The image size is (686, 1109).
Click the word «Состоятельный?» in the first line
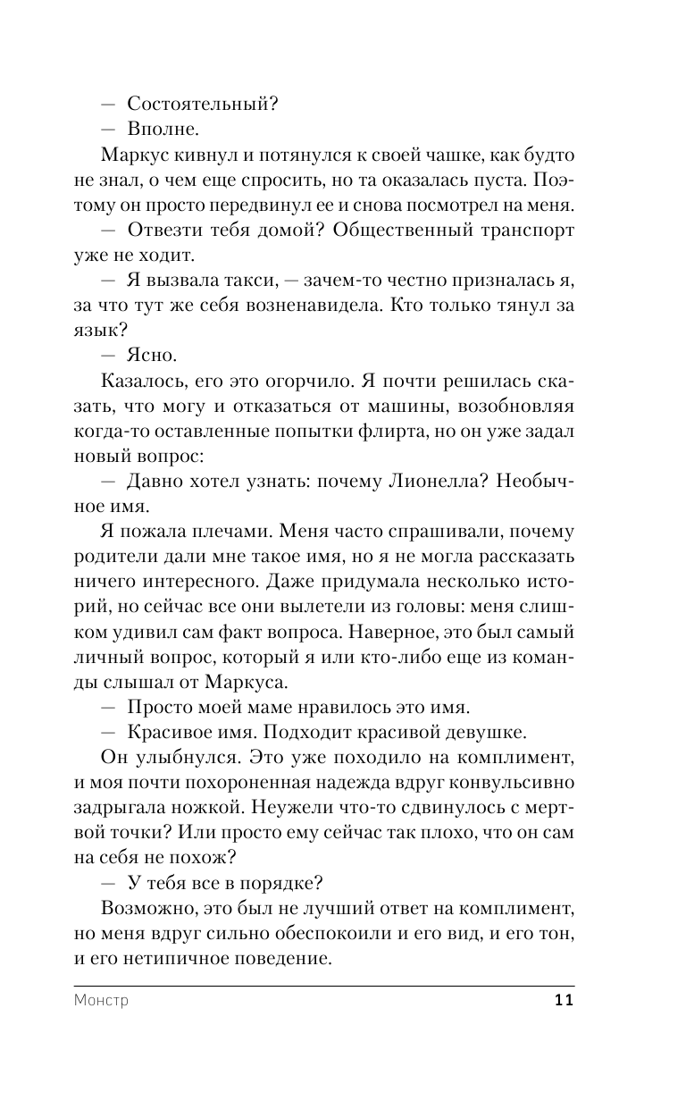pos(203,104)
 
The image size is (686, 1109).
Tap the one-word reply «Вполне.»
pos(162,130)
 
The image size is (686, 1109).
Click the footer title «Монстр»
pos(103,1000)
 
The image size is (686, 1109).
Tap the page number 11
pos(563,1000)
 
